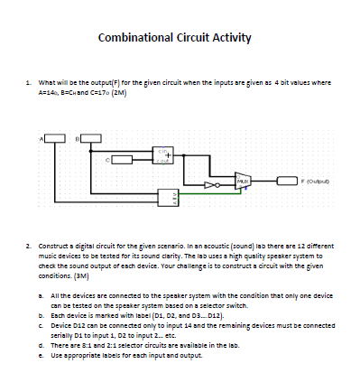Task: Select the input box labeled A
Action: [x=56, y=137]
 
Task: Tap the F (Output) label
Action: [x=306, y=181]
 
